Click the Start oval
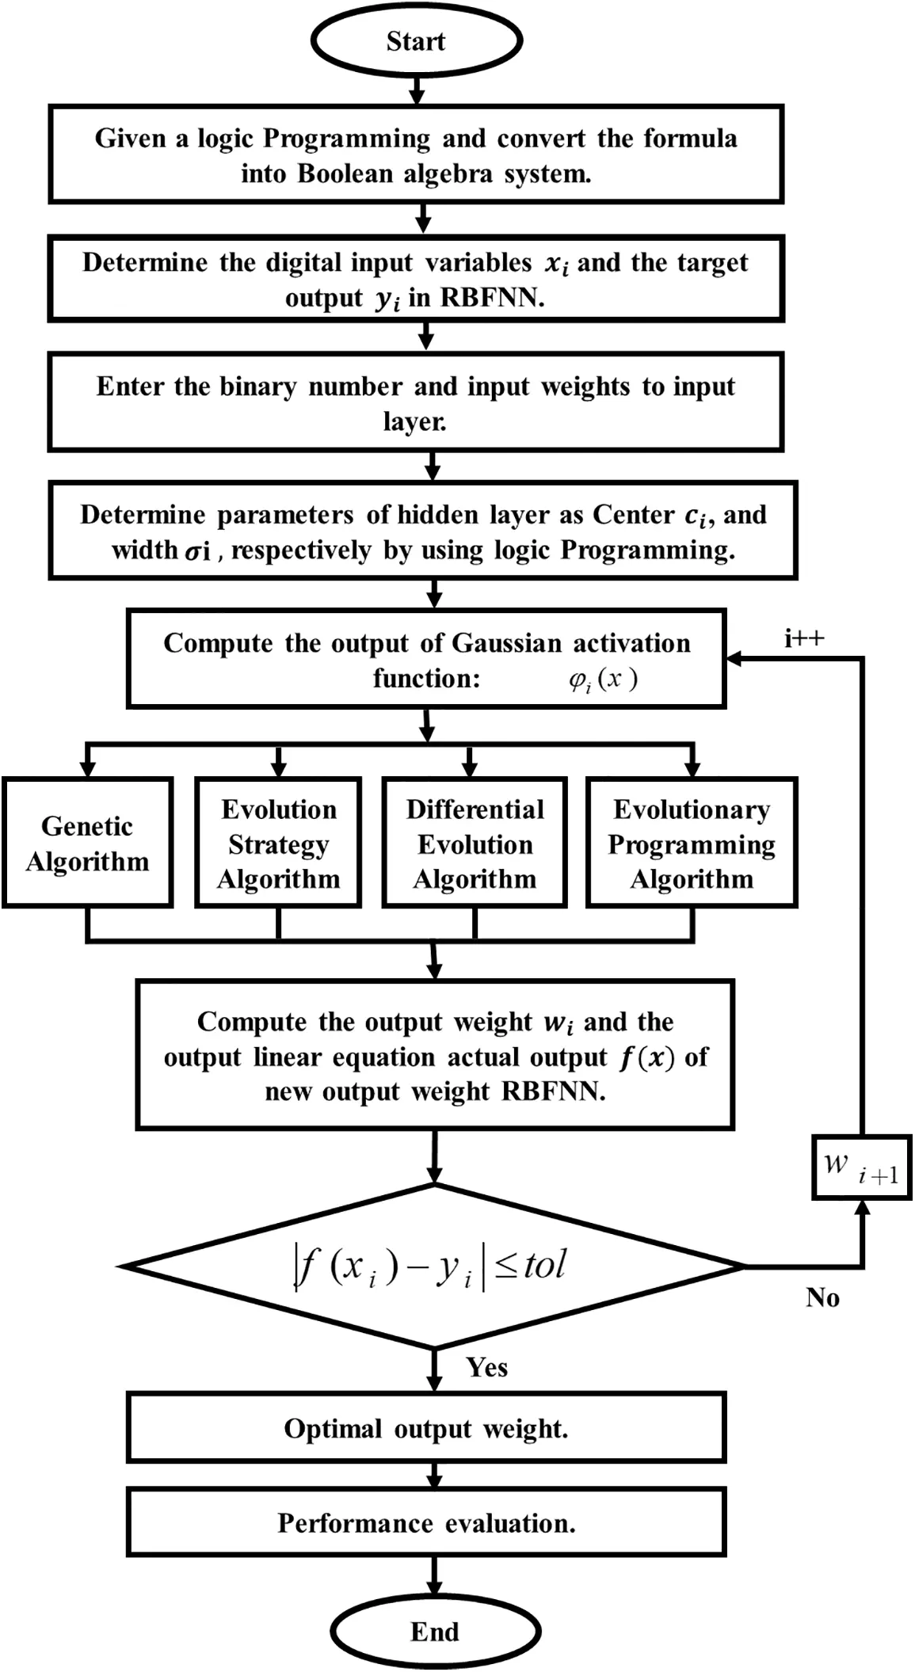[416, 41]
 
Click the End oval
[434, 1632]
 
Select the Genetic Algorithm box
[87, 843]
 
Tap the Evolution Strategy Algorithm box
[278, 843]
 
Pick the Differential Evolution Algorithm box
[475, 843]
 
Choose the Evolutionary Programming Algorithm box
[691, 843]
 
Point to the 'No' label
[822, 1297]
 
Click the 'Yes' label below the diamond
[486, 1367]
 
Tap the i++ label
[804, 638]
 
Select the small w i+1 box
[861, 1167]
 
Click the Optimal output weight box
[426, 1428]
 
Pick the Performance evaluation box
[426, 1522]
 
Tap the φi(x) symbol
[602, 680]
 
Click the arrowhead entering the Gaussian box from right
[734, 658]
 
